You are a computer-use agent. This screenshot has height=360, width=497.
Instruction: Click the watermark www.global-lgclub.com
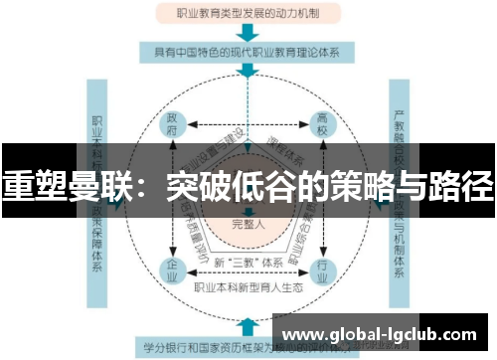(385, 332)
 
